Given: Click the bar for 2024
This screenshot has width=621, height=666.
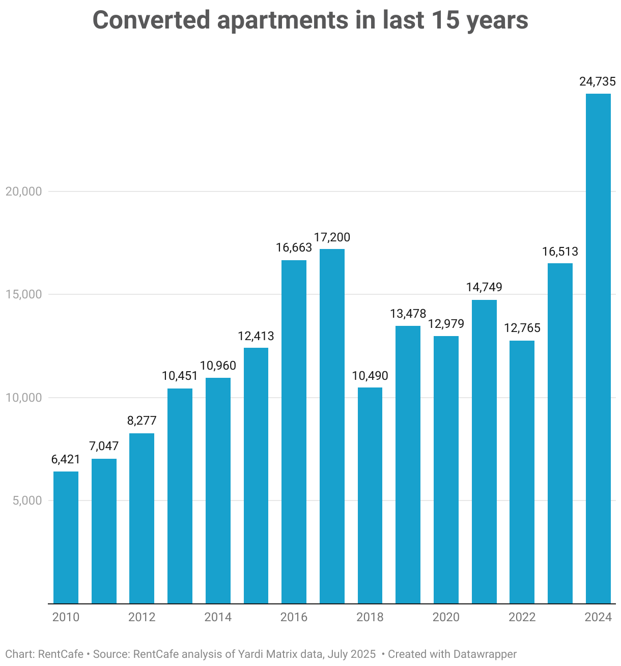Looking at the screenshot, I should (598, 348).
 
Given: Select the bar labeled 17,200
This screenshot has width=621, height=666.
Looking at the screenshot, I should (332, 426).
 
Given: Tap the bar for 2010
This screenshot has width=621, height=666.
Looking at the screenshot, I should (66, 537).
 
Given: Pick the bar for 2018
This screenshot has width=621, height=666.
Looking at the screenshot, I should (370, 495).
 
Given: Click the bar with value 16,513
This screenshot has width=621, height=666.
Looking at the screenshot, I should (560, 433).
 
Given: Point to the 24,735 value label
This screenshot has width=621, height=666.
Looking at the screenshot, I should (598, 81).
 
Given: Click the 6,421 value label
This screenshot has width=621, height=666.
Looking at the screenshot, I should (66, 459).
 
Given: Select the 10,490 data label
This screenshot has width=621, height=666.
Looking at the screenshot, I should (370, 376).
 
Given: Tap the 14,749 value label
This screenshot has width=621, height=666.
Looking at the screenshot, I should (484, 287).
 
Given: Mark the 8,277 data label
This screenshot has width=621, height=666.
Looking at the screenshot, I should (142, 421).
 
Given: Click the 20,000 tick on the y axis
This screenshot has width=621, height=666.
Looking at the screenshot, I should (23, 191).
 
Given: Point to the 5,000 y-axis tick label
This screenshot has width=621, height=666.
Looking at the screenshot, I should (26, 501).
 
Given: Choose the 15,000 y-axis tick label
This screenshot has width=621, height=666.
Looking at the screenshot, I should (23, 295).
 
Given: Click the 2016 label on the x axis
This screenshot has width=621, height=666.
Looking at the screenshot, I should (294, 617).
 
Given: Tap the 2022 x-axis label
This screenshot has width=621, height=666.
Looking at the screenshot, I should (522, 617).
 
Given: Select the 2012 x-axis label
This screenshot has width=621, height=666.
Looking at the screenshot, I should (142, 617).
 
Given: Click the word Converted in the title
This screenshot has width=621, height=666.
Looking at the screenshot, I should (151, 20).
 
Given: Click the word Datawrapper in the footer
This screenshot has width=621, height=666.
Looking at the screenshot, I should (485, 654).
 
